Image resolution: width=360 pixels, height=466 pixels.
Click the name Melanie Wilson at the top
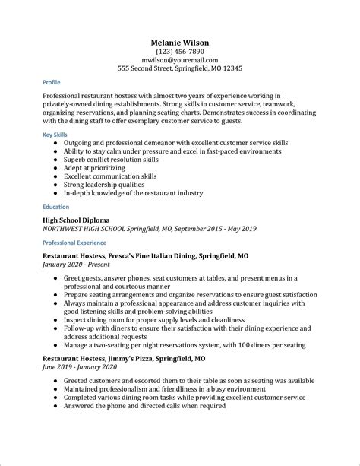tap(180, 43)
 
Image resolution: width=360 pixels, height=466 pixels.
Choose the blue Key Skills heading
tap(54, 134)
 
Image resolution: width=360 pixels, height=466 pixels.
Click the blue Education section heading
tap(56, 207)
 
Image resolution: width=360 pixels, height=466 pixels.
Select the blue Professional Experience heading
tap(74, 243)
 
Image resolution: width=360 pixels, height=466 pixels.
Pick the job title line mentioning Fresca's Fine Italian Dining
tap(145, 257)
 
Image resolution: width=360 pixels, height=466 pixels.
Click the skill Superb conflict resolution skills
tap(122, 160)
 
